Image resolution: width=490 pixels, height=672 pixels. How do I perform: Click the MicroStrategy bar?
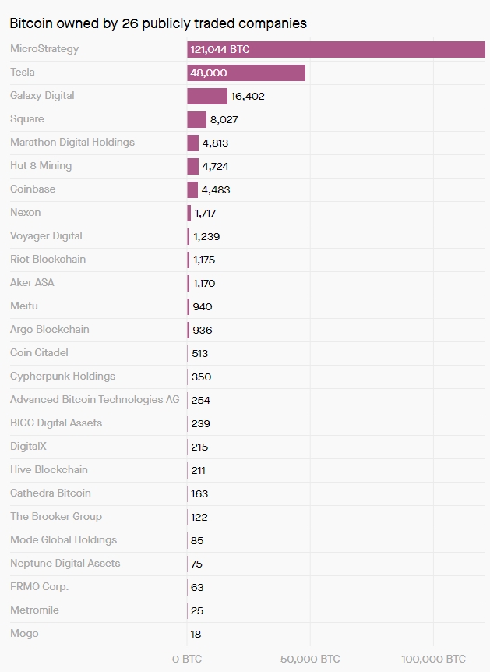(336, 49)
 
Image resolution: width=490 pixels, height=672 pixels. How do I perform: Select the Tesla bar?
(246, 73)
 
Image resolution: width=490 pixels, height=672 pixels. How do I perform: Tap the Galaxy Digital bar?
(207, 96)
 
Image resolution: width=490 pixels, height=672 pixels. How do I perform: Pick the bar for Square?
(196, 119)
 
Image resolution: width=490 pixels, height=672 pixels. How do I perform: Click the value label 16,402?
(248, 96)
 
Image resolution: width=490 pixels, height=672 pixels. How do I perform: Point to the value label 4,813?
(215, 143)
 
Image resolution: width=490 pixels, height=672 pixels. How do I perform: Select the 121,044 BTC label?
(220, 49)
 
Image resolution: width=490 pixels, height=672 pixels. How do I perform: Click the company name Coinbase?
(33, 189)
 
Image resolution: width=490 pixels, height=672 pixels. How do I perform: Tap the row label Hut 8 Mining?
(41, 166)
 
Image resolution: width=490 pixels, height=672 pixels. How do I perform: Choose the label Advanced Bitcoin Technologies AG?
(94, 400)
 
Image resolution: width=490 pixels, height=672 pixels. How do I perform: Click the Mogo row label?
(24, 634)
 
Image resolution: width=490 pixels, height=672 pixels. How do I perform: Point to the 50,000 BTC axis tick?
(310, 659)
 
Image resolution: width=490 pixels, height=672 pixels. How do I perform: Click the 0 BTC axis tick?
(187, 659)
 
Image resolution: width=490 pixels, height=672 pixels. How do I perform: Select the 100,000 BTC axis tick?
(433, 659)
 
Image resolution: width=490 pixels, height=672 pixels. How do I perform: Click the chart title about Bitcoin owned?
(158, 23)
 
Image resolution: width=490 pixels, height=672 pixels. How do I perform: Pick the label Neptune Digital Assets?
(65, 564)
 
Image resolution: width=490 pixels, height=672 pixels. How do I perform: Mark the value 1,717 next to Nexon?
(205, 213)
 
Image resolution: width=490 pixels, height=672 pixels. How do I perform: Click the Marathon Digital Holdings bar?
(192, 143)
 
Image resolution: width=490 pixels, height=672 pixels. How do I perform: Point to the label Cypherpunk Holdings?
(62, 377)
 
